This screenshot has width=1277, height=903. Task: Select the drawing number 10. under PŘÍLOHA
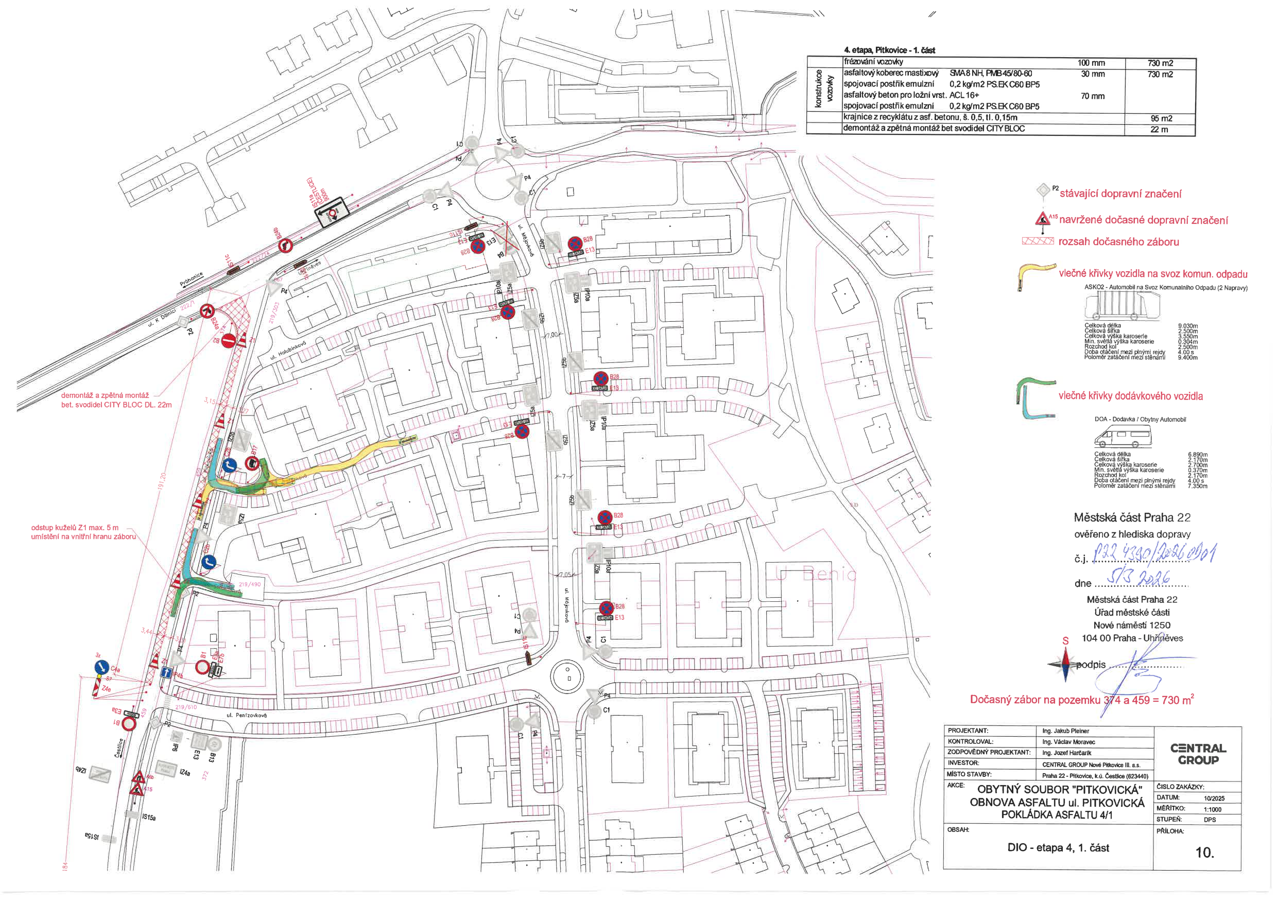click(1204, 853)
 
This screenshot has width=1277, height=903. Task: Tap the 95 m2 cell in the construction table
click(1161, 118)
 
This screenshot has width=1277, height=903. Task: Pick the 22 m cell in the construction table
click(1159, 130)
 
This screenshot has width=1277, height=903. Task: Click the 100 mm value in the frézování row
click(1091, 63)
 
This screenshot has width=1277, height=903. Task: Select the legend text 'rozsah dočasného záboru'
click(1118, 242)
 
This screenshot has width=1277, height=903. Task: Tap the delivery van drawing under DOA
click(1123, 437)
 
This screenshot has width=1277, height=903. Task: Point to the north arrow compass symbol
click(1065, 664)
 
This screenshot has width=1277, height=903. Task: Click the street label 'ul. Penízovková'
click(247, 715)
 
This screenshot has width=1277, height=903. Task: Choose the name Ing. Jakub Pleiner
click(1065, 731)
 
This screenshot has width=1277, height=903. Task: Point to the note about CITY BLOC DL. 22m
click(116, 401)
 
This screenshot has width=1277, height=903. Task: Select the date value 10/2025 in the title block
click(1214, 798)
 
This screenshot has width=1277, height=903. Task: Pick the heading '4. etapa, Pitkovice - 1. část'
click(889, 50)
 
